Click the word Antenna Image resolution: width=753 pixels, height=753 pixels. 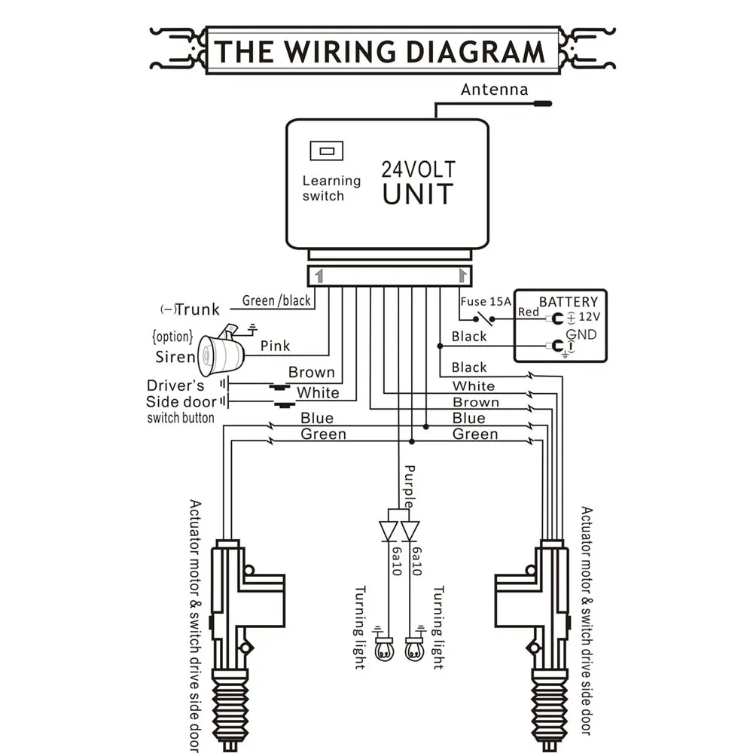[494, 90]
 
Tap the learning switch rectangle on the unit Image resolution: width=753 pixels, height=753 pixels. [327, 151]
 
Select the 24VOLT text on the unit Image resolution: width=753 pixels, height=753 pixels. [418, 169]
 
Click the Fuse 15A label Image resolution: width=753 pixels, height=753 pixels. [486, 302]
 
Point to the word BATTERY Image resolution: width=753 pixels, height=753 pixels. [569, 302]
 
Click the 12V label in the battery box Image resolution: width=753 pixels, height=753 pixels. [590, 317]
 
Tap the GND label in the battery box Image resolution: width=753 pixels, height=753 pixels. [581, 334]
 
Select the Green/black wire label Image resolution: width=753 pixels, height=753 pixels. [276, 300]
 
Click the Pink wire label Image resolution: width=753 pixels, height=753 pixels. [275, 346]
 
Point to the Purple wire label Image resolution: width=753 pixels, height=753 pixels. [409, 486]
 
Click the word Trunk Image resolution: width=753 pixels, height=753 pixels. [197, 309]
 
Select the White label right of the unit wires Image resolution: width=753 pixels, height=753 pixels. [474, 386]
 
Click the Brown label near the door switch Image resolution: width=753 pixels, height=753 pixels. [311, 372]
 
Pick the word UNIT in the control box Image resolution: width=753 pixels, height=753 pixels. [418, 194]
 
